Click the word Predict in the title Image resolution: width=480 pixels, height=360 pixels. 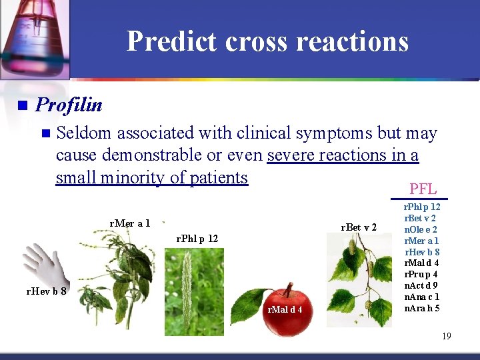pos(172,41)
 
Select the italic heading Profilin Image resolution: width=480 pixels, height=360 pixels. pos(69,105)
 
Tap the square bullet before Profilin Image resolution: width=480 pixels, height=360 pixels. pos(22,105)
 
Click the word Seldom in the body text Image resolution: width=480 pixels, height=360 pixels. pos(83,133)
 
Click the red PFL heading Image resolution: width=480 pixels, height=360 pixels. pos(423,189)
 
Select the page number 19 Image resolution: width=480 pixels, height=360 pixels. pos(446,336)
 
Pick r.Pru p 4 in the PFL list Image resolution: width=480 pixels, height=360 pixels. pos(421,274)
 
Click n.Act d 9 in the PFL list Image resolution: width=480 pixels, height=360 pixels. pos(421,285)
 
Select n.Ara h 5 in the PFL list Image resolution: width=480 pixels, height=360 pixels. pos(421,308)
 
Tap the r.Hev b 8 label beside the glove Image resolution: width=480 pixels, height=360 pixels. pos(45,291)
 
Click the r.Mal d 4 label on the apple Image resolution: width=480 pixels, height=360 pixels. pos(285,309)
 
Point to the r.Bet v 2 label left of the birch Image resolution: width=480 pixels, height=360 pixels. pos(359,227)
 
